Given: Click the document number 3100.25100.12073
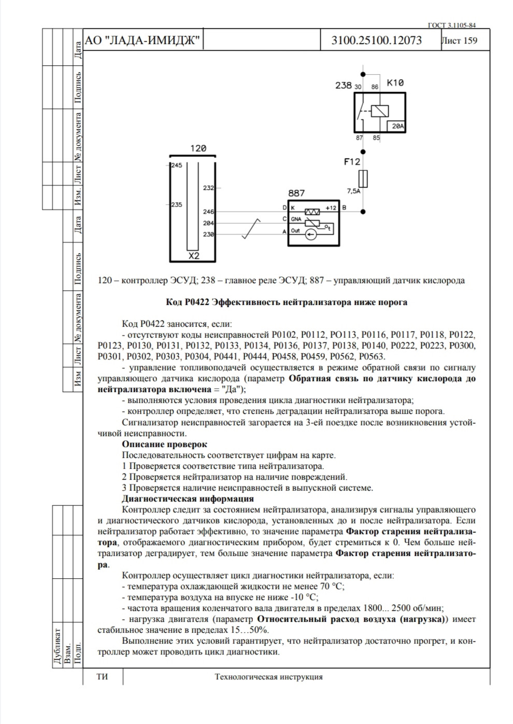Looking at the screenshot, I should tap(377, 40).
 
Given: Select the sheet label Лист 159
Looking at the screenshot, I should tap(460, 40).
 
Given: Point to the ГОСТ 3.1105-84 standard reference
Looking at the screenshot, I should tap(451, 24).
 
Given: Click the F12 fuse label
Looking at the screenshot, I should tap(352, 162).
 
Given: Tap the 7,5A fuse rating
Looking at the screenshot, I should tap(353, 191).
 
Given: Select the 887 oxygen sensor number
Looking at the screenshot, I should tap(296, 193).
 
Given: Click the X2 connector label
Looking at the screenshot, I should tap(193, 256).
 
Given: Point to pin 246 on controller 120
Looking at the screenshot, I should tap(208, 212).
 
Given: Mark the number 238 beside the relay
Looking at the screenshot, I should tap(344, 85).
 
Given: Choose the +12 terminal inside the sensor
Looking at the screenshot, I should tap(331, 208).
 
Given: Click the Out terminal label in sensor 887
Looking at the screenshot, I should tap(295, 231).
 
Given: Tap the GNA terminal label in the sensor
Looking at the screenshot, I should tap(296, 219).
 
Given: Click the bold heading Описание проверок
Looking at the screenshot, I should tap(164, 444).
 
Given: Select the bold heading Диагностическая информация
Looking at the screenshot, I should tap(188, 499).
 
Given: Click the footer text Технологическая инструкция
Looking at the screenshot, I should tap(268, 677).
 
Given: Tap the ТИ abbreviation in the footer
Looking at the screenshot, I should tap(103, 677).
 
